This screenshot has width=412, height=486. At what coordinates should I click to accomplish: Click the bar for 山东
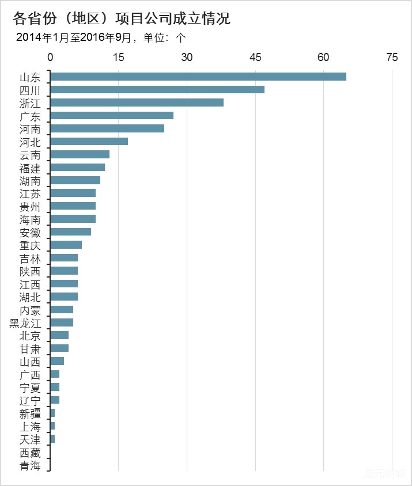coord(198,77)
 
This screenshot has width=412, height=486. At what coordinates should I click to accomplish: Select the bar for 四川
coord(157,90)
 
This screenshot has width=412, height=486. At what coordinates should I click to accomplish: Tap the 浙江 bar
coord(137,102)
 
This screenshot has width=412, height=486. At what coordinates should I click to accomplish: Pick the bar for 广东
coord(112,116)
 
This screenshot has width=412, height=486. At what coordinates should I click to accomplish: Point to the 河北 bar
coord(89,141)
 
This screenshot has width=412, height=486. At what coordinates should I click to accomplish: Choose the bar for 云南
coord(80,154)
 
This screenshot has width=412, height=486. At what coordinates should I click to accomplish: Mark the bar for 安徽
coord(71,231)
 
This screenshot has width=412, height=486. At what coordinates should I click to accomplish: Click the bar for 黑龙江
coord(62,322)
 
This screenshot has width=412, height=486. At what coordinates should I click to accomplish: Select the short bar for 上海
coord(52,426)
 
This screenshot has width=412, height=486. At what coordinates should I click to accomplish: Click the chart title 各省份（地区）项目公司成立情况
coord(122,18)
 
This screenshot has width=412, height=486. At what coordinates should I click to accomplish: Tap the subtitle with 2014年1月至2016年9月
coord(101,38)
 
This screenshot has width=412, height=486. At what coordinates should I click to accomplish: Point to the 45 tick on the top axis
coord(255,57)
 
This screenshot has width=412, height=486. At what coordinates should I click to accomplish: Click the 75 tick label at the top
coord(392,57)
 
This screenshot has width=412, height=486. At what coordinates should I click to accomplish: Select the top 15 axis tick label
coord(119,57)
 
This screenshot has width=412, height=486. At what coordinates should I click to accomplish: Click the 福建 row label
coord(30,168)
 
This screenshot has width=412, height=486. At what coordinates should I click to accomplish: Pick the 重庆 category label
coord(30,245)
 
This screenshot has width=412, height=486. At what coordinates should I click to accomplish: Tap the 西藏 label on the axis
coord(30,453)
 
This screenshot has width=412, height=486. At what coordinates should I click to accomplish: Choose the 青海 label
coord(30,465)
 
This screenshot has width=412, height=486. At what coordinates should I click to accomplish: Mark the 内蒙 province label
coord(30,310)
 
